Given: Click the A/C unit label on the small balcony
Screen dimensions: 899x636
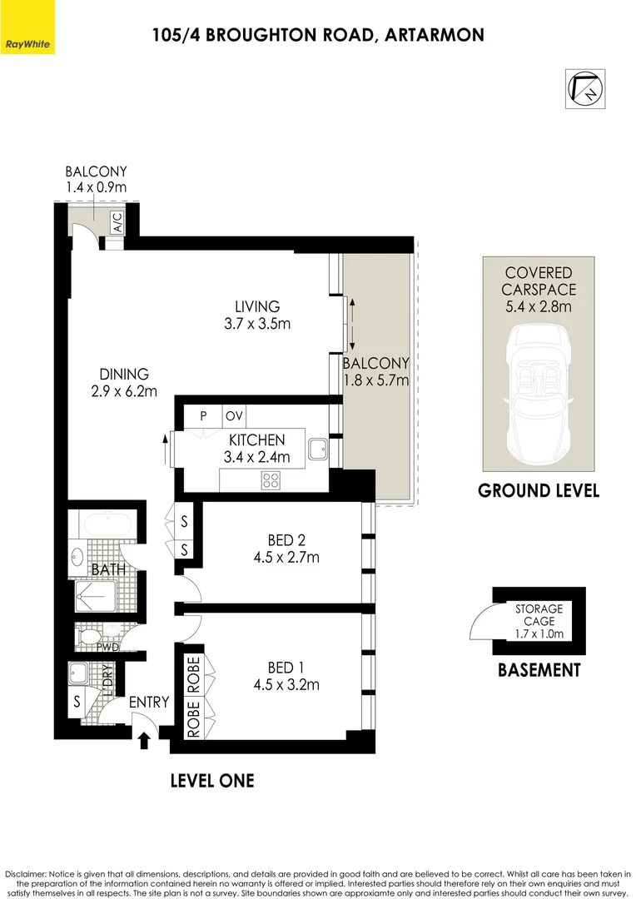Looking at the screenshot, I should click(x=117, y=222).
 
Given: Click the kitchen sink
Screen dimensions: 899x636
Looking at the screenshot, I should click(x=318, y=449).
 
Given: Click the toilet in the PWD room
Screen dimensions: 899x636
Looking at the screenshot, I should click(x=88, y=637).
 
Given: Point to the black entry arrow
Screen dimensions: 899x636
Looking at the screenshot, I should click(x=144, y=738).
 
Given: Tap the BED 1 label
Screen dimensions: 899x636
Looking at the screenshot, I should click(x=281, y=668).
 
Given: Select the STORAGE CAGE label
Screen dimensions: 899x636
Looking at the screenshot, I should click(x=539, y=615).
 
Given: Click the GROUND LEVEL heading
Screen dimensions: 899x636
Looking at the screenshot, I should click(x=538, y=490).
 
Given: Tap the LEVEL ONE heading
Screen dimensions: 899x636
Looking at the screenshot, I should click(x=211, y=781).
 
